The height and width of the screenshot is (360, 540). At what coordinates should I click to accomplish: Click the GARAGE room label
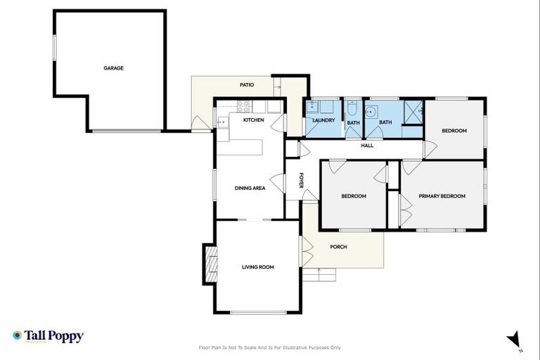click(113, 68)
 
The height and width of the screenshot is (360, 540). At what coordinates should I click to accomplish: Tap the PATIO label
click(246, 85)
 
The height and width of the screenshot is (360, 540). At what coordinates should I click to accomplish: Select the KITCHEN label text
click(254, 120)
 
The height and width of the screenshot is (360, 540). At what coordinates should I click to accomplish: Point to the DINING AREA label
click(250, 188)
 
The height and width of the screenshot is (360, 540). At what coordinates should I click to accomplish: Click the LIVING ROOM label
click(257, 267)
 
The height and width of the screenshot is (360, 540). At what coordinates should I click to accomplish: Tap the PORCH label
click(338, 247)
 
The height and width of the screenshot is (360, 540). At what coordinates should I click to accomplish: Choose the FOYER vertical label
click(301, 180)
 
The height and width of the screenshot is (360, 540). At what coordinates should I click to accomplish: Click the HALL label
click(367, 146)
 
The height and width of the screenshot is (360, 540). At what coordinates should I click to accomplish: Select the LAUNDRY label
click(323, 120)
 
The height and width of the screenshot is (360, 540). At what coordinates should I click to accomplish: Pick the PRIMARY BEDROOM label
click(442, 196)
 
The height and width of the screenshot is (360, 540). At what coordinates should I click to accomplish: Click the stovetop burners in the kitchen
click(243, 107)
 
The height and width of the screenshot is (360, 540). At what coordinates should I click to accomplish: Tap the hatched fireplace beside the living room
click(210, 264)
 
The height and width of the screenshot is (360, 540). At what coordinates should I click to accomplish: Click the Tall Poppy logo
click(48, 336)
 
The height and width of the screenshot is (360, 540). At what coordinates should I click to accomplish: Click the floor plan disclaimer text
click(270, 347)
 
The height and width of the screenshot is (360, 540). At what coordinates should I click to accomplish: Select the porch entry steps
click(321, 274)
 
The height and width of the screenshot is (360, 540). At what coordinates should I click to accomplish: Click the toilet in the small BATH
click(352, 108)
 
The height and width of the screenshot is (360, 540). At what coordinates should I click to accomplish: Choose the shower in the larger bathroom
click(412, 111)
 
